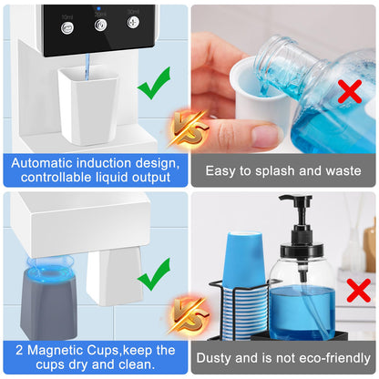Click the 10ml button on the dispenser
pyautogui.click(x=67, y=28)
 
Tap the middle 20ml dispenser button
pyautogui.click(x=100, y=25)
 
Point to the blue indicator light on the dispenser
pyautogui.click(x=98, y=9)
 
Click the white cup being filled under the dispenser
pyautogui.click(x=88, y=107)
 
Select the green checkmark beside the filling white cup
pyautogui.click(x=154, y=83)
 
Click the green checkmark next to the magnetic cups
pyautogui.click(x=154, y=274)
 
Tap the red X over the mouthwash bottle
pyautogui.click(x=350, y=91)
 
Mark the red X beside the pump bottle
pyautogui.click(x=359, y=291)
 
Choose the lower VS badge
pyautogui.click(x=189, y=316)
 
